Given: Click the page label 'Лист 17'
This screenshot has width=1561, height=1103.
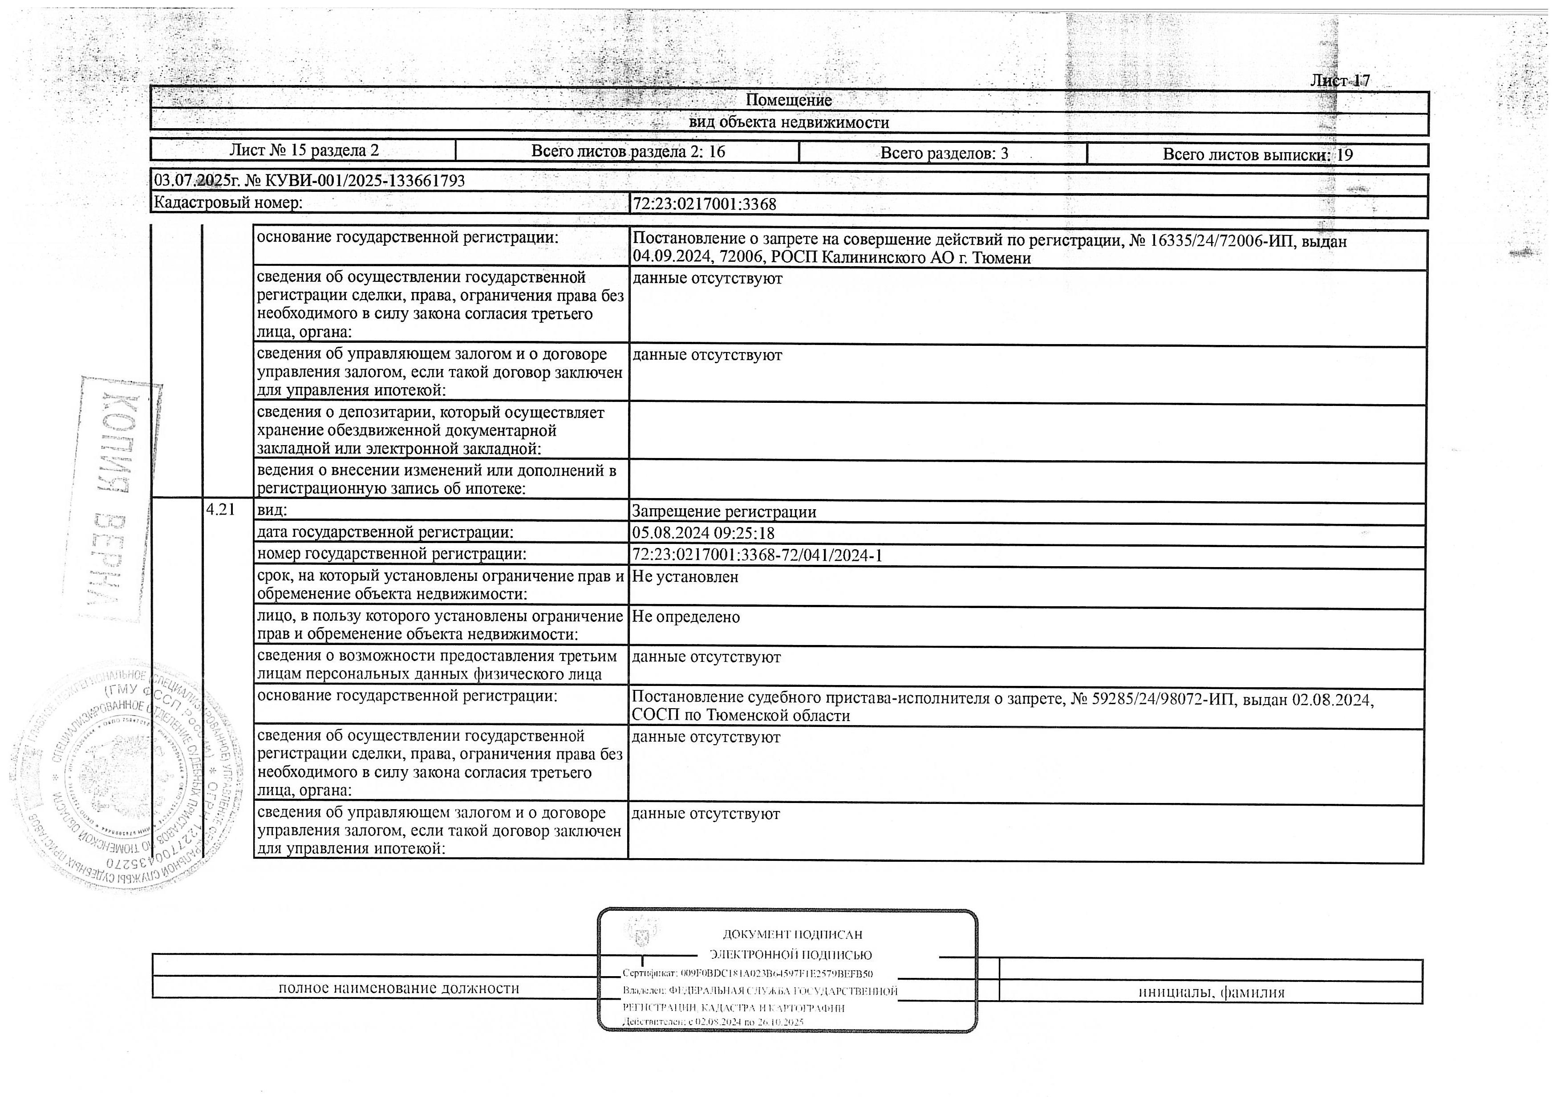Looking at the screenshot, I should [x=1339, y=80].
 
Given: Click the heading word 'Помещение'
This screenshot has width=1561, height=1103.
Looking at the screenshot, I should [x=789, y=100].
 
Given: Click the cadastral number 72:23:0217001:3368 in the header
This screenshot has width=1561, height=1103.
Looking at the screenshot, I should [x=704, y=204].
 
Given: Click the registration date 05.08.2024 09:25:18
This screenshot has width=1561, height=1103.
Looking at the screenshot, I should [x=703, y=533].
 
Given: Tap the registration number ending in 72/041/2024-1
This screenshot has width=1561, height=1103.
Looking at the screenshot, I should [x=757, y=555].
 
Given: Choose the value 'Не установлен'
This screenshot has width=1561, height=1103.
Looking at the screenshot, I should [x=685, y=577].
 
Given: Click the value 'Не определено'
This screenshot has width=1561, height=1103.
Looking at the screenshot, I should [x=685, y=617].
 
